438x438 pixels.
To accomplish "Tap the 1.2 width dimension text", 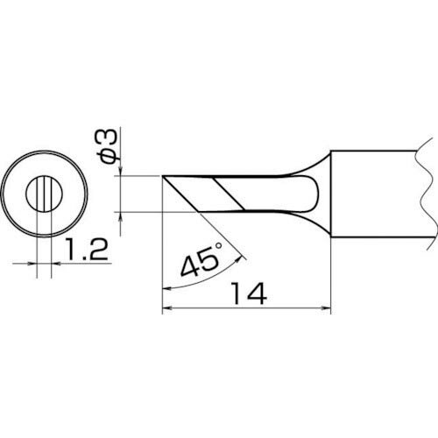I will pos(85,254).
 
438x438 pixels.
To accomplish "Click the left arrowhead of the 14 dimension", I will pos(167,307).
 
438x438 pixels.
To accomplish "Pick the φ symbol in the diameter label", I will pos(106,155).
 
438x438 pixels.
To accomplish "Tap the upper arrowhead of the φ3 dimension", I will pos(119,173).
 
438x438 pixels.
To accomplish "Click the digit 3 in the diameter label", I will pos(106,138).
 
